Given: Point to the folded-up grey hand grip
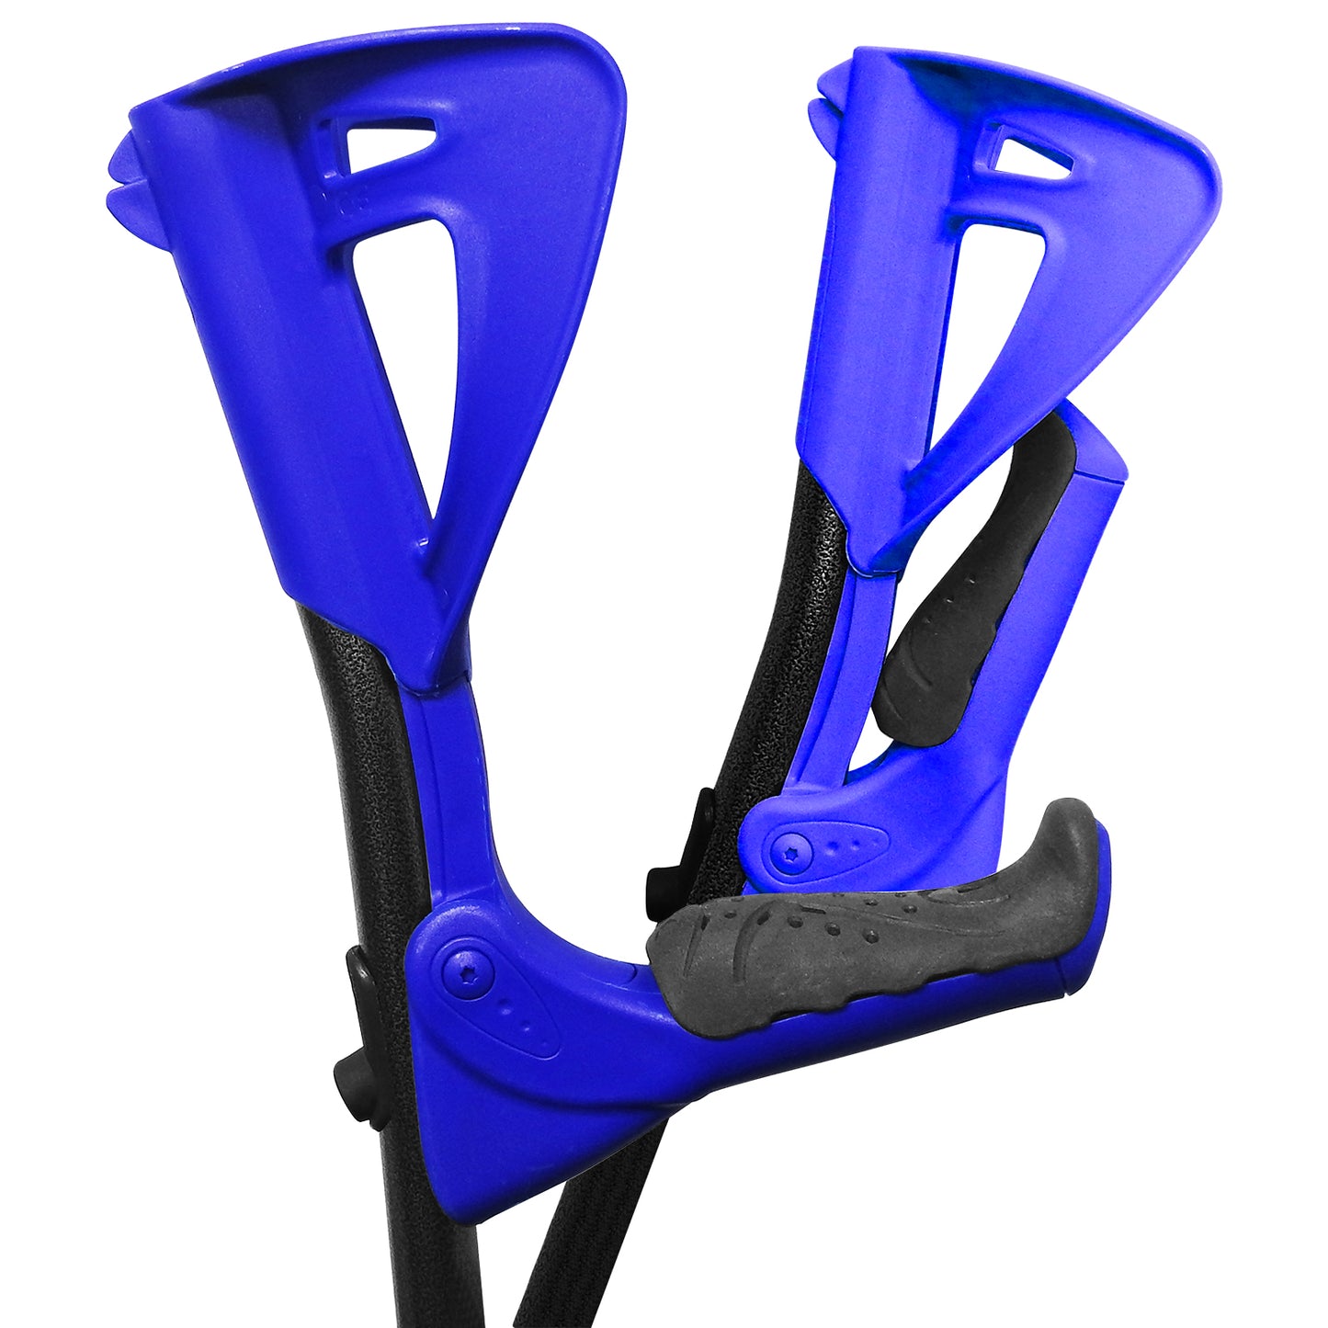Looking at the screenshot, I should [x=974, y=588].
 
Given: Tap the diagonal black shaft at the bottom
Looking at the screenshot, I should [x=588, y=1232].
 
